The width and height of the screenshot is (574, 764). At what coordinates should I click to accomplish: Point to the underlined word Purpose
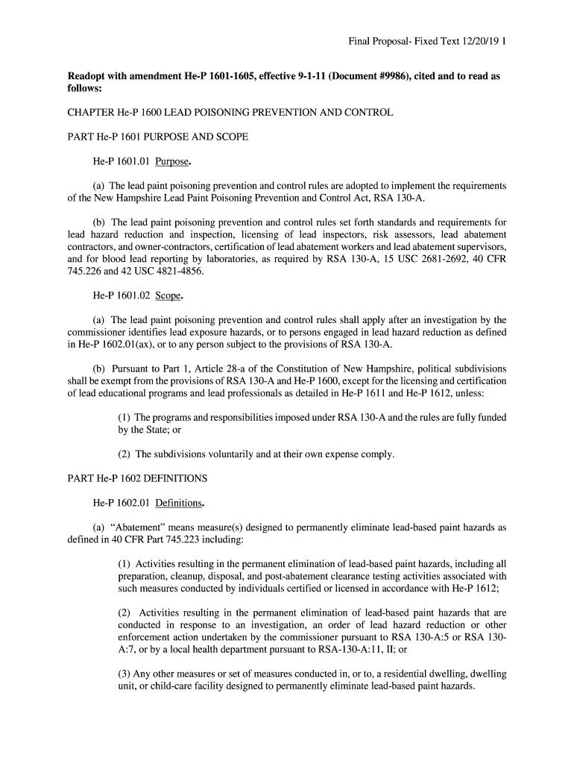(x=171, y=161)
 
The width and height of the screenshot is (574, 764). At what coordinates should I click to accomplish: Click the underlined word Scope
(x=168, y=295)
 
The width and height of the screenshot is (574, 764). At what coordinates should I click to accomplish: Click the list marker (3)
(x=125, y=674)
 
